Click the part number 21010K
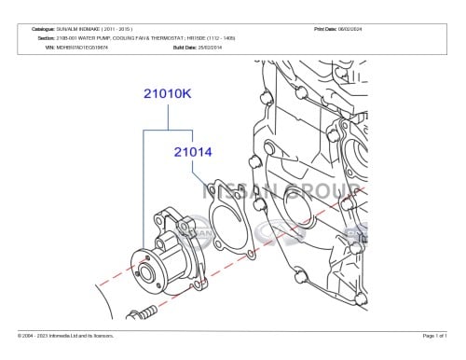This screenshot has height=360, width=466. pos(169,93)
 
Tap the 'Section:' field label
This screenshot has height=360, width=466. pos(45,37)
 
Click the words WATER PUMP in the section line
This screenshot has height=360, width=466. pos(102,37)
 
